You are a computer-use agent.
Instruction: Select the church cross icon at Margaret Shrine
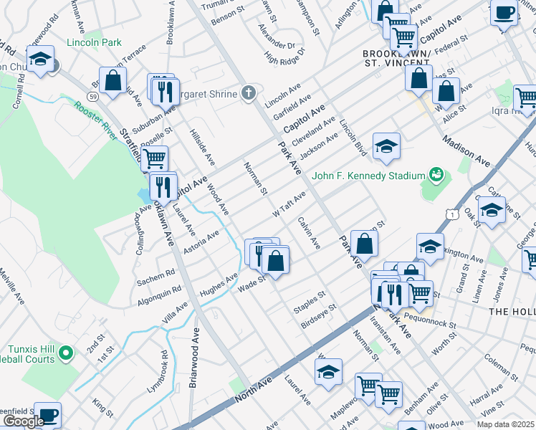[249, 92]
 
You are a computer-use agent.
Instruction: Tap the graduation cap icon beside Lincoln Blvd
[386, 146]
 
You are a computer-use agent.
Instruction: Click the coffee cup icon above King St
[48, 415]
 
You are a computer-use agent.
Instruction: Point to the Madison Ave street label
[466, 151]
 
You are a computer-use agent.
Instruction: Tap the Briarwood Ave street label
[193, 358]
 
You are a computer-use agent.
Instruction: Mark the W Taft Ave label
[289, 204]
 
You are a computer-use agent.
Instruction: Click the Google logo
[23, 421]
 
